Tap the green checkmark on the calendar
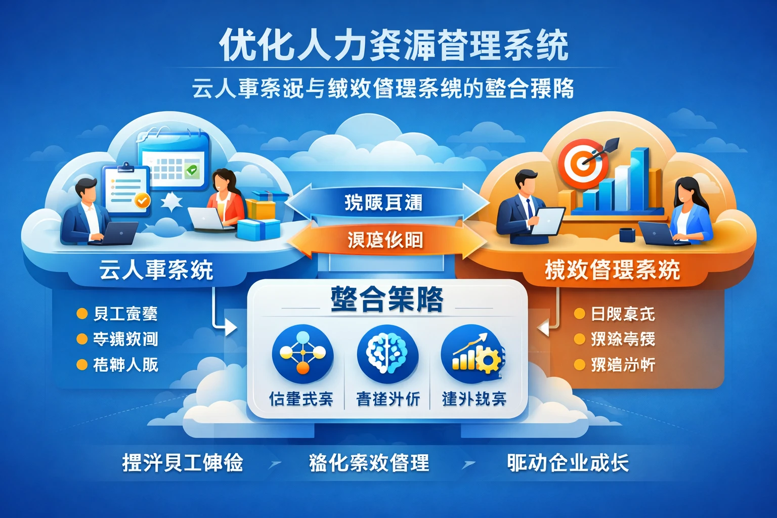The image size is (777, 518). [192, 170]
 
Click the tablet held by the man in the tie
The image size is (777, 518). [547, 221]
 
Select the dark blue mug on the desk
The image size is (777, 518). [627, 235]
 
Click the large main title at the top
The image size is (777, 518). [394, 46]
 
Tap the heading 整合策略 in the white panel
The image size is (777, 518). [387, 299]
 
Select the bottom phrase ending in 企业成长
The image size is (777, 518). [568, 463]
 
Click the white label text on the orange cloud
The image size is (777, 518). [612, 270]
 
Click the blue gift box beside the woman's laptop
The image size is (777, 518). [258, 229]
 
